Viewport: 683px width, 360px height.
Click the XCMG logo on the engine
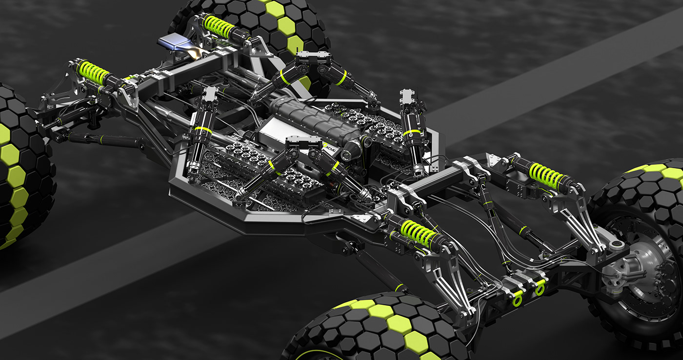(330, 145)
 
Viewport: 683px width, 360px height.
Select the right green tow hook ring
(540, 289)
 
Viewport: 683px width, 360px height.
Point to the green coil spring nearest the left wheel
(93, 73)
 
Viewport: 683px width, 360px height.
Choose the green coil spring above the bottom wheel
(418, 233)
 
